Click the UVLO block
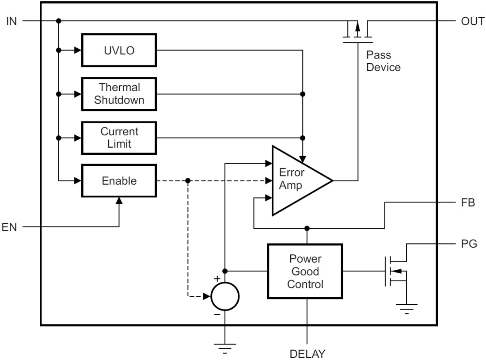(119, 50)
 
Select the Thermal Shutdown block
(119, 94)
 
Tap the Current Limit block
(119, 138)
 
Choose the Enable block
(119, 181)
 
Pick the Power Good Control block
(305, 271)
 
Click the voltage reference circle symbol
(225, 296)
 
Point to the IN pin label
(11, 21)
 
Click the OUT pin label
(472, 21)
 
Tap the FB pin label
(467, 203)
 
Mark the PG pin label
(468, 244)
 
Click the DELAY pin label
(307, 354)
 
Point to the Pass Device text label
(383, 61)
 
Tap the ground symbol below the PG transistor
(406, 309)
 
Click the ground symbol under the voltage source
(225, 348)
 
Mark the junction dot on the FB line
(307, 228)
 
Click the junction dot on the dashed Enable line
(188, 181)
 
